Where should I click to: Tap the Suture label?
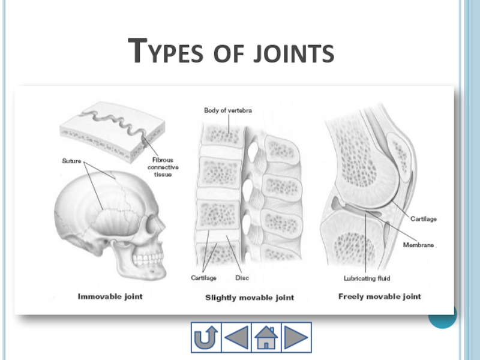pos(72,161)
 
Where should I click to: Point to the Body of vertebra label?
pos(227,110)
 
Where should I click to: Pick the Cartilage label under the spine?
pos(204,278)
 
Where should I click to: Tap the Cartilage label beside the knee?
pos(424,219)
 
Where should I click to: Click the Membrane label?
pos(418,245)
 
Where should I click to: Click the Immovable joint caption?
pos(110,296)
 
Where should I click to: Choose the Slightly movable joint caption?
pos(250,298)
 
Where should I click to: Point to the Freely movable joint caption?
pos(380,296)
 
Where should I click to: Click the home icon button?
pos(266,337)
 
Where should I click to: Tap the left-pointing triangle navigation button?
pos(236,337)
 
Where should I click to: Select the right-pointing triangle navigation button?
pos(296,337)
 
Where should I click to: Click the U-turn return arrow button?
pos(206,337)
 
